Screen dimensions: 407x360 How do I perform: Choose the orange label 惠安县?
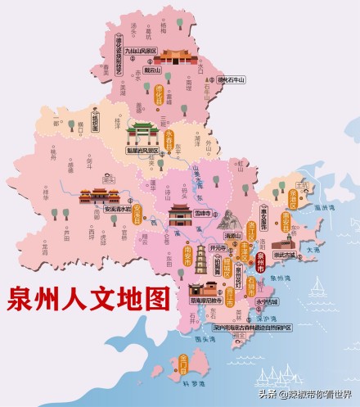click(286, 221)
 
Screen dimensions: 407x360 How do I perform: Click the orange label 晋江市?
click(239, 294)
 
